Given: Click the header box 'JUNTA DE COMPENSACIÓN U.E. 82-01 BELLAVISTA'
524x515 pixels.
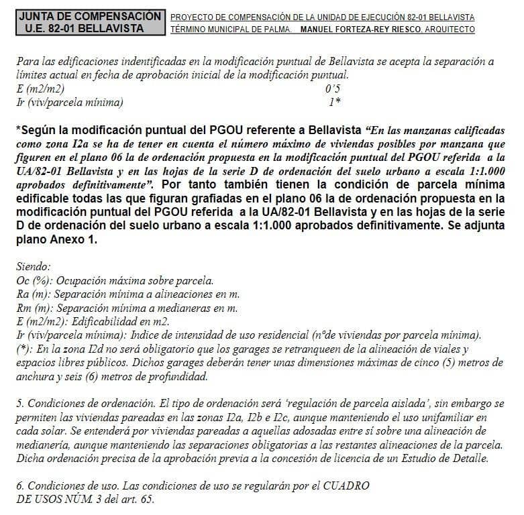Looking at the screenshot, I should [x=90, y=22].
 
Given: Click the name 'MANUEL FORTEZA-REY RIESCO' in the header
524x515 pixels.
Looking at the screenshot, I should [x=362, y=30].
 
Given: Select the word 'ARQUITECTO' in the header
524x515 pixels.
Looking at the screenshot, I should [x=450, y=30].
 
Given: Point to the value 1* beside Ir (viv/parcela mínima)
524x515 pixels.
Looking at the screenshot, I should [x=334, y=103].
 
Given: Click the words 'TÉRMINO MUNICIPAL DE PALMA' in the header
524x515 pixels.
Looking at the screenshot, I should [x=231, y=30].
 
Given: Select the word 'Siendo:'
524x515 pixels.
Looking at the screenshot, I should [x=33, y=266].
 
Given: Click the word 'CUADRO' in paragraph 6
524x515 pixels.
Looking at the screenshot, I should [x=348, y=485].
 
